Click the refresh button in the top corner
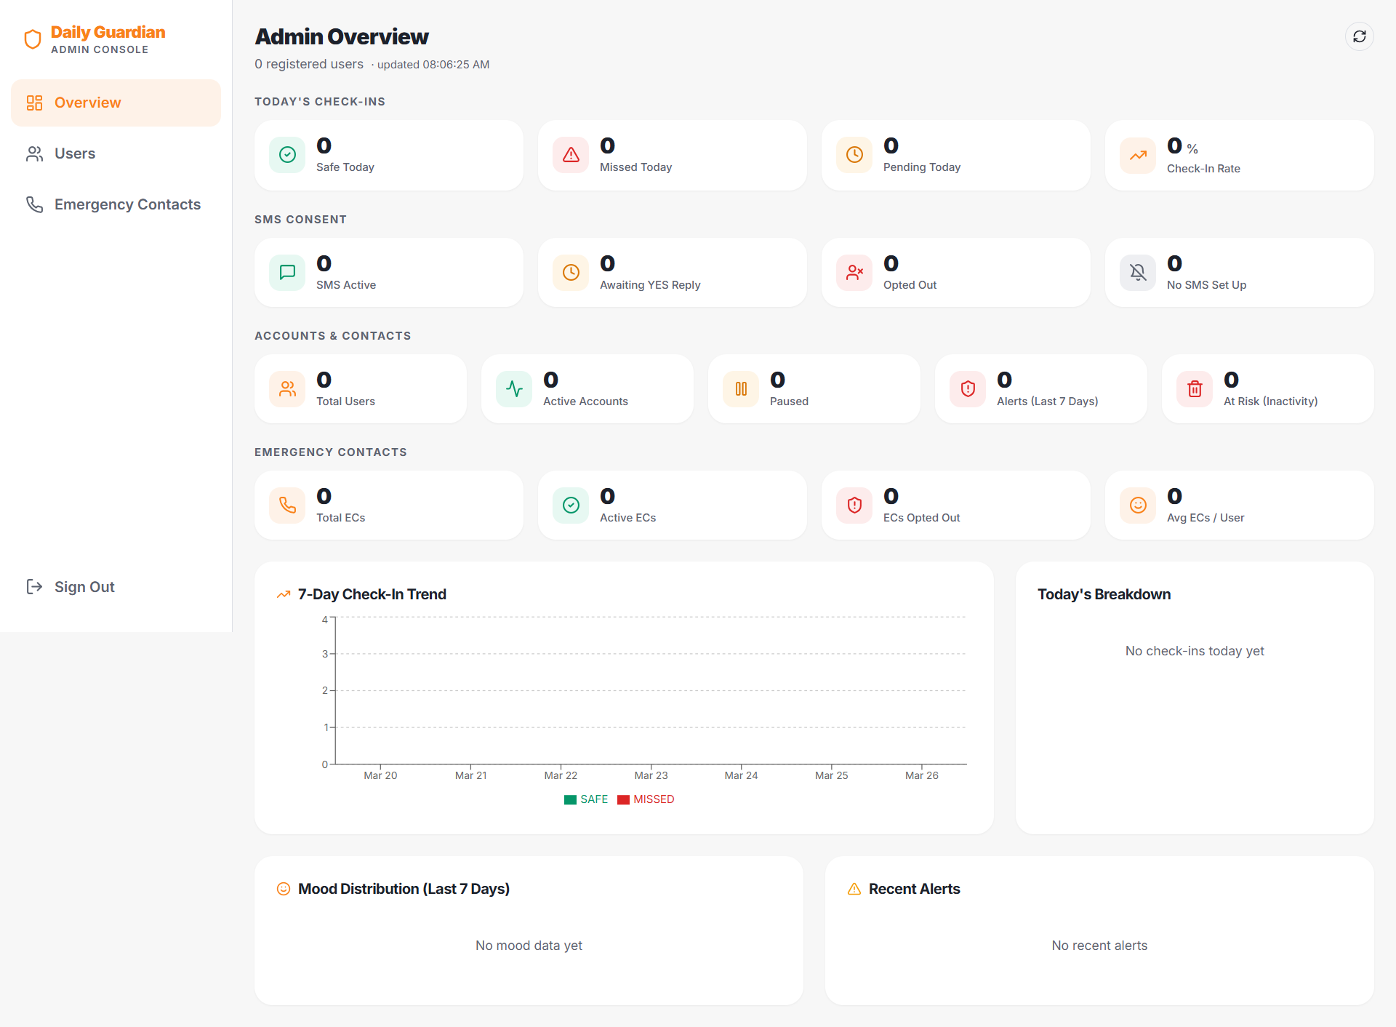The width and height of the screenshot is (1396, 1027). click(1359, 36)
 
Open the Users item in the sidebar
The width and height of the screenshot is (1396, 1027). click(74, 153)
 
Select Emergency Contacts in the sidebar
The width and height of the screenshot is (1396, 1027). click(127, 204)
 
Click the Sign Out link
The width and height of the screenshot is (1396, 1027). click(84, 587)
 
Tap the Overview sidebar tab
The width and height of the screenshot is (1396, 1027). click(87, 103)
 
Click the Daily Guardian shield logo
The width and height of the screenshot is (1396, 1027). click(33, 39)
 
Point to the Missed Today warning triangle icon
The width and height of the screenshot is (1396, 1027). click(571, 155)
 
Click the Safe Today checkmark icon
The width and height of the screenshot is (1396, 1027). click(287, 155)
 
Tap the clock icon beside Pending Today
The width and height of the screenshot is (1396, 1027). click(854, 155)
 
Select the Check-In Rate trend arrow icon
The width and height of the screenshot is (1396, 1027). click(1138, 155)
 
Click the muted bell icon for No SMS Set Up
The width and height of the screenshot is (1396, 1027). click(1138, 273)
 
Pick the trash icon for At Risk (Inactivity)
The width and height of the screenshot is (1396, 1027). click(1195, 389)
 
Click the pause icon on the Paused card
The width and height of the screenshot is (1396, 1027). click(741, 389)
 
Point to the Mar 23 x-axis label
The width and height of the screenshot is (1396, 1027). click(651, 775)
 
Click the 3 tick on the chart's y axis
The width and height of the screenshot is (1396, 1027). click(325, 654)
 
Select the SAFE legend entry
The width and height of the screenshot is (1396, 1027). click(586, 799)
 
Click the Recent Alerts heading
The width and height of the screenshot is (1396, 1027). click(914, 889)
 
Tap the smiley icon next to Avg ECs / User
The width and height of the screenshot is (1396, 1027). click(1138, 505)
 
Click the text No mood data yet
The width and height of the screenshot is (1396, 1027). click(529, 946)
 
